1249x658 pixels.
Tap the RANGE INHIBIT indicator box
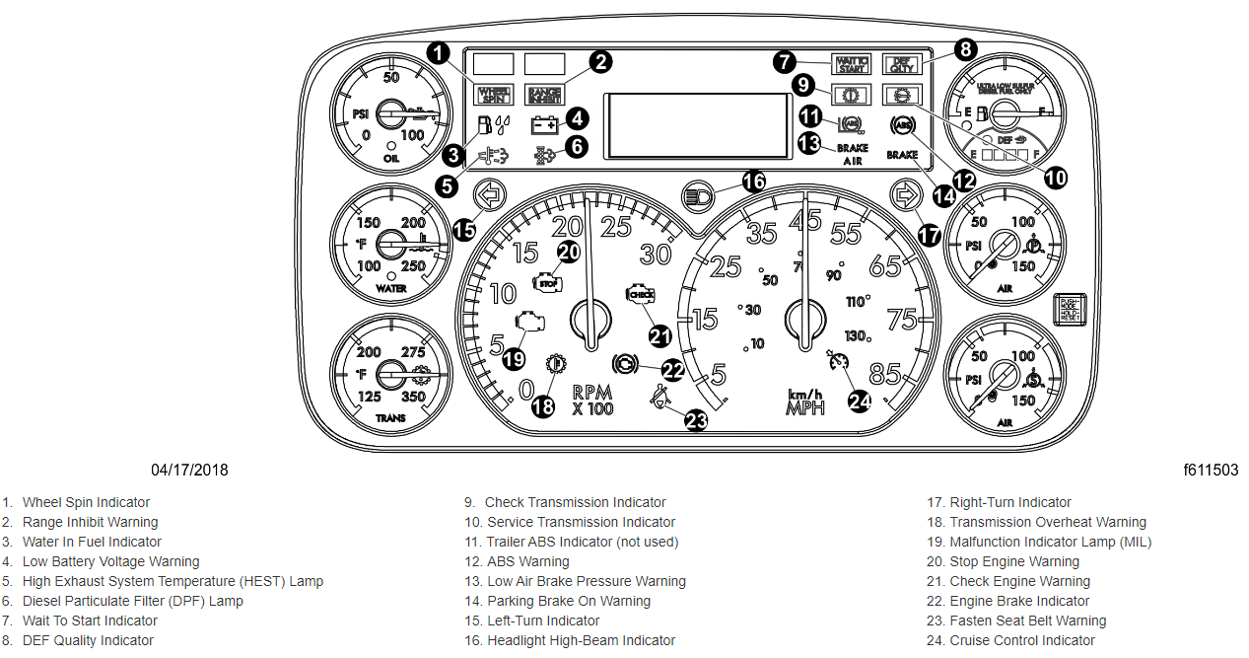click(x=543, y=95)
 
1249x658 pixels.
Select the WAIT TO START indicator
click(x=850, y=64)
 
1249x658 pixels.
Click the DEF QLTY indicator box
click(x=899, y=64)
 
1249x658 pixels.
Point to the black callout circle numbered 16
click(x=754, y=182)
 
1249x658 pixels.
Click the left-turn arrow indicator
click(x=488, y=194)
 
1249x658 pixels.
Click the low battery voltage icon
click(x=544, y=125)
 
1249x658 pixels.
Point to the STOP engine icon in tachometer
click(x=544, y=283)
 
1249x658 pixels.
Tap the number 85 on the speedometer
click(x=884, y=375)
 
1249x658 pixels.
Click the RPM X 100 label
click(x=592, y=399)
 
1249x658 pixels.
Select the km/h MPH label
click(x=804, y=402)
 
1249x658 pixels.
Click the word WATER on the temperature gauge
click(x=391, y=289)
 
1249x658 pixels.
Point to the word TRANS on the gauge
click(x=390, y=418)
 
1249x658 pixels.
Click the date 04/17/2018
click(x=189, y=470)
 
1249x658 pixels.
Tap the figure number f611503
click(x=1211, y=470)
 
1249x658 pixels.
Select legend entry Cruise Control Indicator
click(x=1021, y=640)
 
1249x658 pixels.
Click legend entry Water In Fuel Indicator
click(x=92, y=542)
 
